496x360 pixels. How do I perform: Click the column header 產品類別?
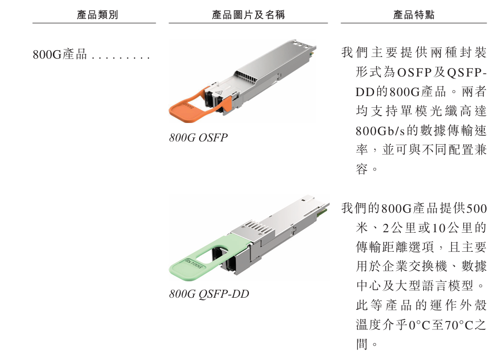pos(97,15)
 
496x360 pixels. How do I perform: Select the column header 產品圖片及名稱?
pos(248,15)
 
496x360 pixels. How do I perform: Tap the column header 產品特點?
pos(414,15)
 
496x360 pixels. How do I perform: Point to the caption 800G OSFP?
pos(198,138)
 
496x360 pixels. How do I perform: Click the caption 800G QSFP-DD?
pos(209,294)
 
